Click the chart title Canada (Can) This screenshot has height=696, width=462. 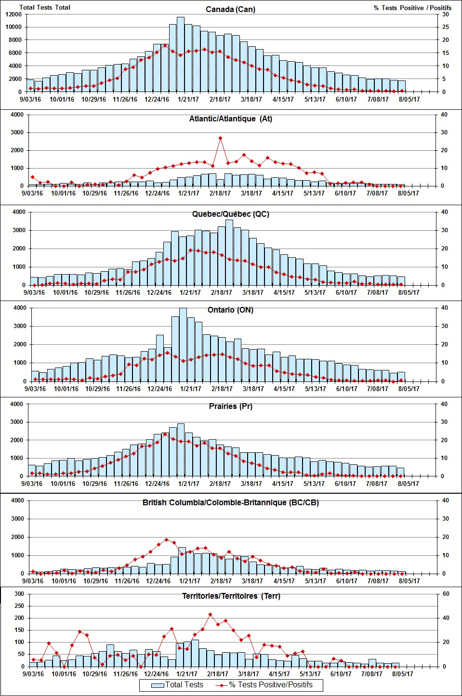pyautogui.click(x=230, y=9)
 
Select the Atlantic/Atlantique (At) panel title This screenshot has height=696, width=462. pyautogui.click(x=230, y=118)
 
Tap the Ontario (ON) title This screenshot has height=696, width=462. pyautogui.click(x=230, y=310)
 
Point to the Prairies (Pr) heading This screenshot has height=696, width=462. pyautogui.click(x=230, y=406)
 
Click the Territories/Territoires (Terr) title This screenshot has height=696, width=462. pyautogui.click(x=231, y=596)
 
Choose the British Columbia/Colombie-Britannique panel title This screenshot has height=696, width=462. pyautogui.click(x=230, y=502)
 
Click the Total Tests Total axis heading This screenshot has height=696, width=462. pyautogui.click(x=45, y=7)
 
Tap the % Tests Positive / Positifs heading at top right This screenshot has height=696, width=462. pyautogui.click(x=412, y=8)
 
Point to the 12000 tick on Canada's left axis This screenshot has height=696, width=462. pyautogui.click(x=13, y=14)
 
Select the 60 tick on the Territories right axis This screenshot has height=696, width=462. pyautogui.click(x=446, y=594)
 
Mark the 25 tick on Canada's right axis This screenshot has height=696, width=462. pyautogui.click(x=446, y=27)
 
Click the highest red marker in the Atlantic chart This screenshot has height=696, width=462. pyautogui.click(x=220, y=138)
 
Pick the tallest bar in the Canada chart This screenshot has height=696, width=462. pyautogui.click(x=181, y=54)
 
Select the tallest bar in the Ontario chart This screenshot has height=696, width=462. pyautogui.click(x=183, y=344)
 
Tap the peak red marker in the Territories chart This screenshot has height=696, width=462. pyautogui.click(x=210, y=615)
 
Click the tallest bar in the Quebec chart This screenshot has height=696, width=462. pyautogui.click(x=229, y=252)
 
